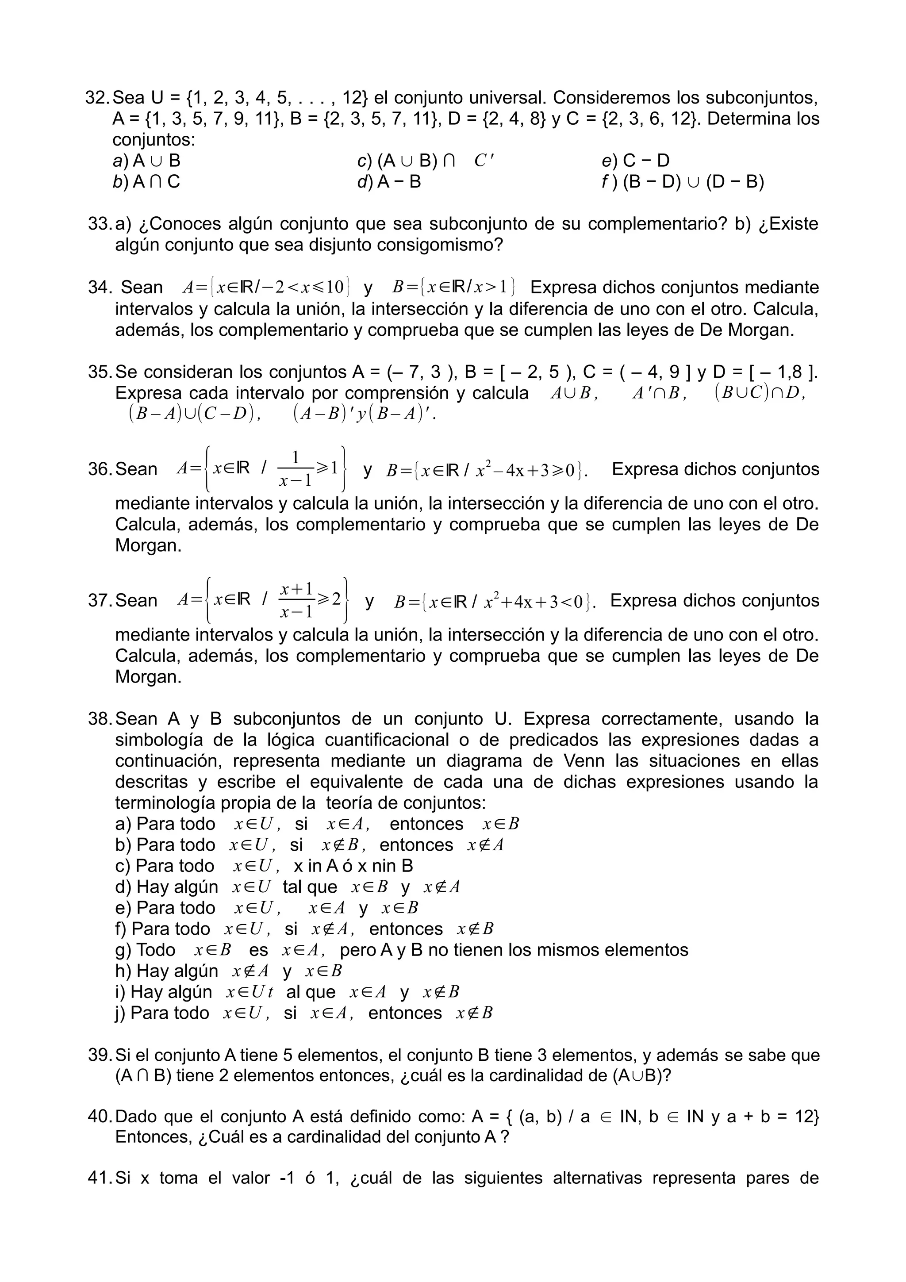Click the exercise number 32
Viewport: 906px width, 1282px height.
tap(98, 98)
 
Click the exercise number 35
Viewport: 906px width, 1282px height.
tap(100, 372)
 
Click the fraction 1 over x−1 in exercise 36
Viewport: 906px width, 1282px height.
tap(296, 469)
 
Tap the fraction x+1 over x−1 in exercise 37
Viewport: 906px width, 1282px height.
tap(296, 601)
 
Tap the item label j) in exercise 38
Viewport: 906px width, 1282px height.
tap(122, 1013)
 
